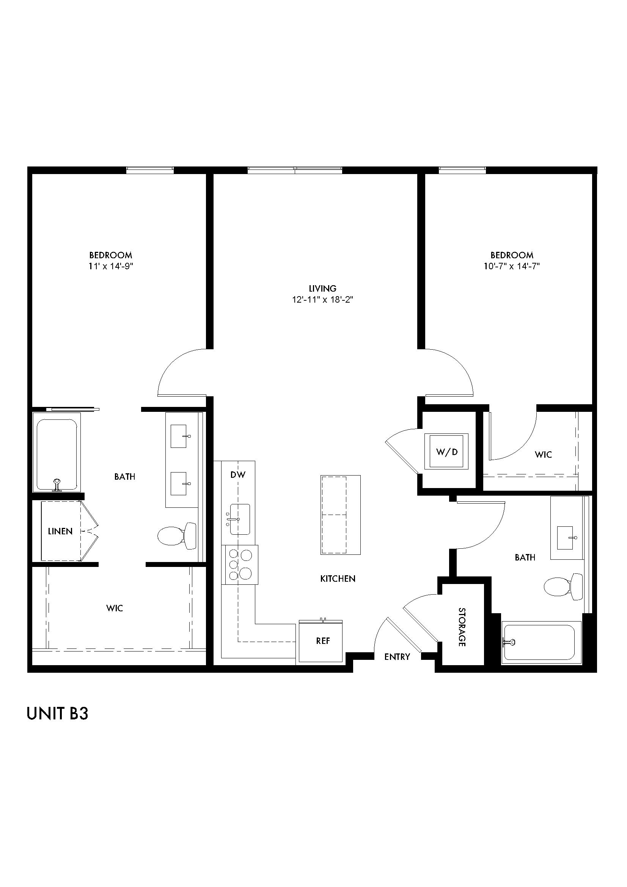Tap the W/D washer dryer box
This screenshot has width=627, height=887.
tap(446, 451)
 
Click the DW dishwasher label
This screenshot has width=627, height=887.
tap(238, 475)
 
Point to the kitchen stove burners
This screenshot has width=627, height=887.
tap(240, 565)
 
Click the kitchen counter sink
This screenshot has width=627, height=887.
tap(239, 519)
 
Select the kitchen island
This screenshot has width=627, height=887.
tap(340, 515)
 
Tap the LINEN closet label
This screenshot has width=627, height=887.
tap(60, 531)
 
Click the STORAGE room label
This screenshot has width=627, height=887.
tap(462, 627)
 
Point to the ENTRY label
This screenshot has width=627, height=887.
tap(397, 657)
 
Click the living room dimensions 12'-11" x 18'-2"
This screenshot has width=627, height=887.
tap(322, 300)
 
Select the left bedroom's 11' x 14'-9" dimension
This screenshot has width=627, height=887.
tap(111, 266)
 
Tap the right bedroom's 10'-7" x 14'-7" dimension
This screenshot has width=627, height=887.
tap(511, 266)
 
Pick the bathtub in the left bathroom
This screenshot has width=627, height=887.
tap(57, 452)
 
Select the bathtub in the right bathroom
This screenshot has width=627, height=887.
tap(541, 642)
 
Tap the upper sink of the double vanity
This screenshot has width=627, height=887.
tap(179, 436)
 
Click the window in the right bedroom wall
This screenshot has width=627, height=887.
tap(462, 170)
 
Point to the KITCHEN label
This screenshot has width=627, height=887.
tap(338, 579)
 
